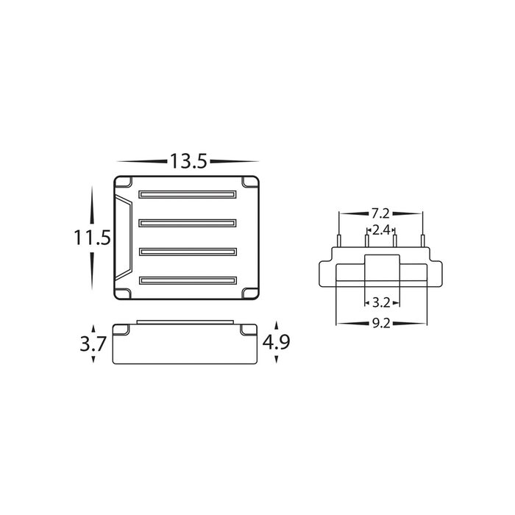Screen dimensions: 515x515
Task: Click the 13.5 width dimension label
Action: pos(188,161)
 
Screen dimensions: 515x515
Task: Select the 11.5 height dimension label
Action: pos(92,238)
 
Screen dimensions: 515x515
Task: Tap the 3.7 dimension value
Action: pos(93,344)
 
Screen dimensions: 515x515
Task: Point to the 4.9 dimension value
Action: pos(276,342)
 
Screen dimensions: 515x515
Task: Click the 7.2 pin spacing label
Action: pos(380,214)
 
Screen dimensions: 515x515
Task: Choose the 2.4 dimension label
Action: pos(381,230)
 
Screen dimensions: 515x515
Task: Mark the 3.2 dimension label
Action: pos(381,302)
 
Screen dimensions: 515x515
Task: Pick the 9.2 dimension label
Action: pos(381,324)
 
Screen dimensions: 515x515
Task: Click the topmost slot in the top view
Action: pos(188,194)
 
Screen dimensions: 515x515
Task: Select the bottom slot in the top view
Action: pos(188,280)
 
